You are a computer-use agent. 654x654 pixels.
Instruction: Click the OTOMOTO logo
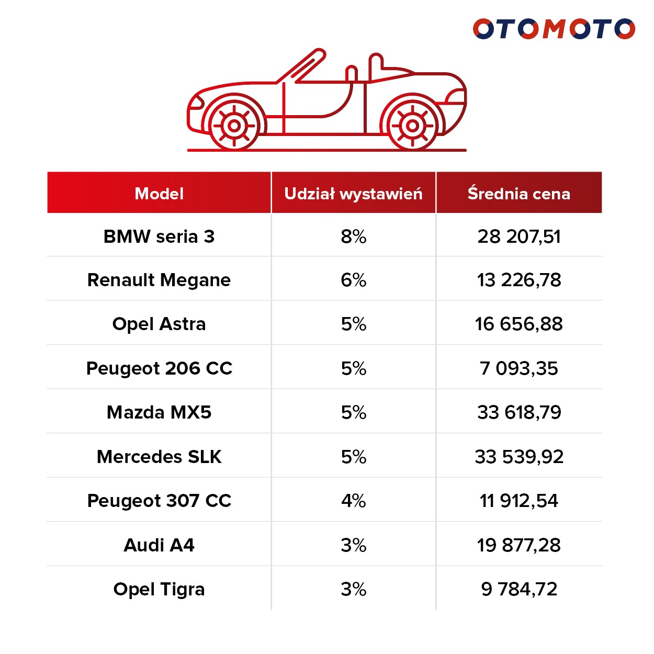pyautogui.click(x=554, y=29)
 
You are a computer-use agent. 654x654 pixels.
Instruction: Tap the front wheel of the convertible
pyautogui.click(x=234, y=126)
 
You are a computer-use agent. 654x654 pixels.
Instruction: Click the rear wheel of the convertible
pyautogui.click(x=412, y=126)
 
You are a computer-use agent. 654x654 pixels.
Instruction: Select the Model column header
pyautogui.click(x=159, y=194)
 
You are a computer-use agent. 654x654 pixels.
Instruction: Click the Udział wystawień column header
pyautogui.click(x=353, y=194)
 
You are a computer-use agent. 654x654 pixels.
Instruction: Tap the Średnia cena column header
pyautogui.click(x=518, y=194)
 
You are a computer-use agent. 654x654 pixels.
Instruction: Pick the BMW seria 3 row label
pyautogui.click(x=159, y=236)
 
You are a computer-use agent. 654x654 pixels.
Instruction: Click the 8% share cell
pyautogui.click(x=353, y=236)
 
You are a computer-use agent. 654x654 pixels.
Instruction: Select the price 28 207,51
pyautogui.click(x=518, y=236)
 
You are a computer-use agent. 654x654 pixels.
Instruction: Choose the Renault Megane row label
pyautogui.click(x=159, y=280)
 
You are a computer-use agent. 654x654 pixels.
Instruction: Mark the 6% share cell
pyautogui.click(x=353, y=280)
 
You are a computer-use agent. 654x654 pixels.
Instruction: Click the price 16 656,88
pyautogui.click(x=518, y=324)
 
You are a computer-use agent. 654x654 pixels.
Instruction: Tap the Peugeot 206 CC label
pyautogui.click(x=159, y=368)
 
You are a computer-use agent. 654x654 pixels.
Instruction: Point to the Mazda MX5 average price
pyautogui.click(x=518, y=412)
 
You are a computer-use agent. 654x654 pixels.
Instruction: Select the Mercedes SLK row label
pyautogui.click(x=159, y=457)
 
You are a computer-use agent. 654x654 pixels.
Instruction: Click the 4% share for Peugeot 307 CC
pyautogui.click(x=353, y=501)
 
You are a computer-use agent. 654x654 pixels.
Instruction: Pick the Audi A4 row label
pyautogui.click(x=159, y=545)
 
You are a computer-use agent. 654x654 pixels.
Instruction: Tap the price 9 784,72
pyautogui.click(x=518, y=589)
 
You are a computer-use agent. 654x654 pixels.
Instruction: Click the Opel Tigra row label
pyautogui.click(x=159, y=589)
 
